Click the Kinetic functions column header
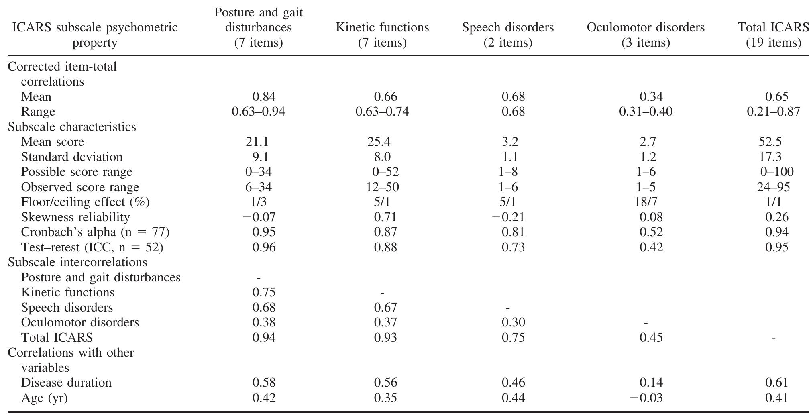pos(382,35)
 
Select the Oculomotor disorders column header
pos(646,35)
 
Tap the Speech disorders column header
pos(508,35)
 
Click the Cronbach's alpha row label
pos(95,232)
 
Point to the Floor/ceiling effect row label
pos(85,202)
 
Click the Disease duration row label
pos(66,383)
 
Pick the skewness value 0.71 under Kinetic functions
pos(385,217)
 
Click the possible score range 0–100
pos(776,172)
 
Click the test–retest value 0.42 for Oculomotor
pos(651,247)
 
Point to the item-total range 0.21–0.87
pos(773,112)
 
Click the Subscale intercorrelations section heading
pos(77,262)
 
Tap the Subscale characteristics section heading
pos(72,127)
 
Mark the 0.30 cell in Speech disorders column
pos(513,322)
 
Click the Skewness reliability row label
pos(75,217)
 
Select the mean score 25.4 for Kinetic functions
pos(379,142)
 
